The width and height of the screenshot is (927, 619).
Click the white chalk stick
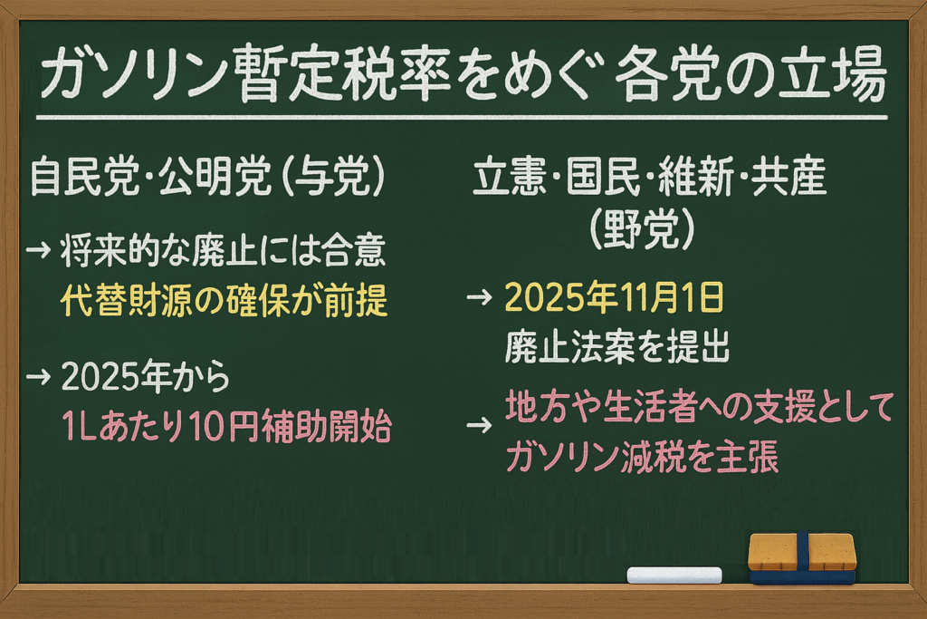click(674, 575)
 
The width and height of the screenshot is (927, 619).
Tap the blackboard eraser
click(802, 558)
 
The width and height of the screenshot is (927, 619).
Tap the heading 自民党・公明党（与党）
click(207, 177)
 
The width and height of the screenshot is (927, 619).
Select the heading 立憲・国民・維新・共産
click(650, 177)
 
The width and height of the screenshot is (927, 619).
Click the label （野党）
click(642, 229)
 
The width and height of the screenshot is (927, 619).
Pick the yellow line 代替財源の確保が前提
click(225, 300)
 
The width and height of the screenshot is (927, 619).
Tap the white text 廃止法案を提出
click(616, 346)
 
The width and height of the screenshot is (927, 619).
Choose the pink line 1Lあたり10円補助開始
click(226, 425)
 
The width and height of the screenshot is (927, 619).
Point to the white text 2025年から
click(146, 377)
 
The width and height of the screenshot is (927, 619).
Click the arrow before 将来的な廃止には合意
click(38, 250)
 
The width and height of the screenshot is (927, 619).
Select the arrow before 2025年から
click(38, 377)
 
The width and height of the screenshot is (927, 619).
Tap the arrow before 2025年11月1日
click(479, 297)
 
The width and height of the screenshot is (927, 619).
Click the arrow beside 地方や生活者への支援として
click(479, 425)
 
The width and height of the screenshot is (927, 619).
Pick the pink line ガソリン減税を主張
click(642, 457)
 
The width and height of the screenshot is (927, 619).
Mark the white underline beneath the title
click(462, 118)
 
